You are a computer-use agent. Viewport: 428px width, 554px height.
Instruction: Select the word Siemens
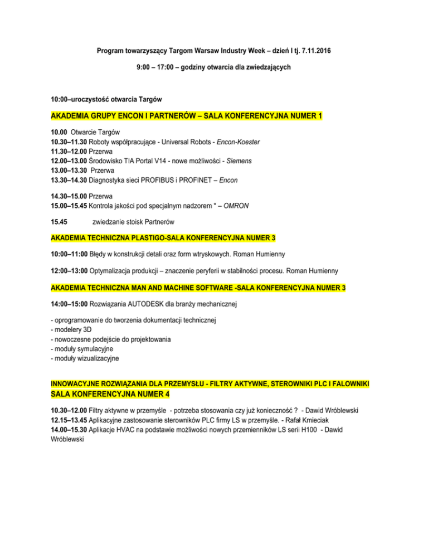pos(237,161)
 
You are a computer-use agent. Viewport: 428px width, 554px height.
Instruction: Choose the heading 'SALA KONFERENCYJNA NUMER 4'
pos(110,395)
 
